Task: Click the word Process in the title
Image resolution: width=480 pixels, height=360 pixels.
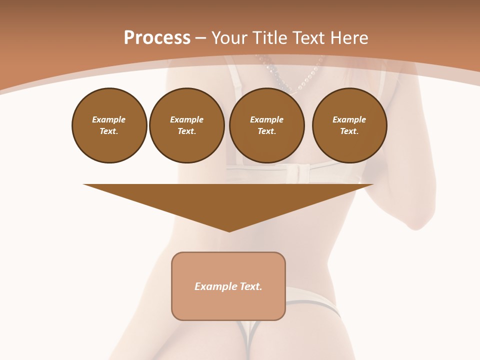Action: pyautogui.click(x=157, y=38)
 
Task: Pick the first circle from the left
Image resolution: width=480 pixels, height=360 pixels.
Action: pyautogui.click(x=109, y=125)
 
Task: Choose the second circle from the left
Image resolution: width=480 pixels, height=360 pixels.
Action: pyautogui.click(x=187, y=125)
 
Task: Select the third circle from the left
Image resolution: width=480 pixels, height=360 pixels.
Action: pyautogui.click(x=267, y=125)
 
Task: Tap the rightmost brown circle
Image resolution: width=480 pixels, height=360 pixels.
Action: pyautogui.click(x=349, y=125)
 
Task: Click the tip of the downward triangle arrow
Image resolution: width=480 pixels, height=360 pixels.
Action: pyautogui.click(x=229, y=230)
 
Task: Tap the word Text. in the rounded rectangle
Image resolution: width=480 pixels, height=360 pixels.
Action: pyautogui.click(x=251, y=286)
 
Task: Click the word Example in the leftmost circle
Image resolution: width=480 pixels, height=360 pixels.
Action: pyautogui.click(x=109, y=119)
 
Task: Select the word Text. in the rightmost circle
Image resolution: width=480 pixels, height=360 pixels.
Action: pyautogui.click(x=349, y=131)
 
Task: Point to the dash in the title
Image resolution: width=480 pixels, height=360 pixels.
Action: pyautogui.click(x=201, y=38)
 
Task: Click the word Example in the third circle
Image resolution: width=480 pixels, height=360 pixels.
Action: pyautogui.click(x=267, y=119)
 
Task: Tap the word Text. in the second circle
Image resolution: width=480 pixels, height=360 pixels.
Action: pyautogui.click(x=187, y=131)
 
